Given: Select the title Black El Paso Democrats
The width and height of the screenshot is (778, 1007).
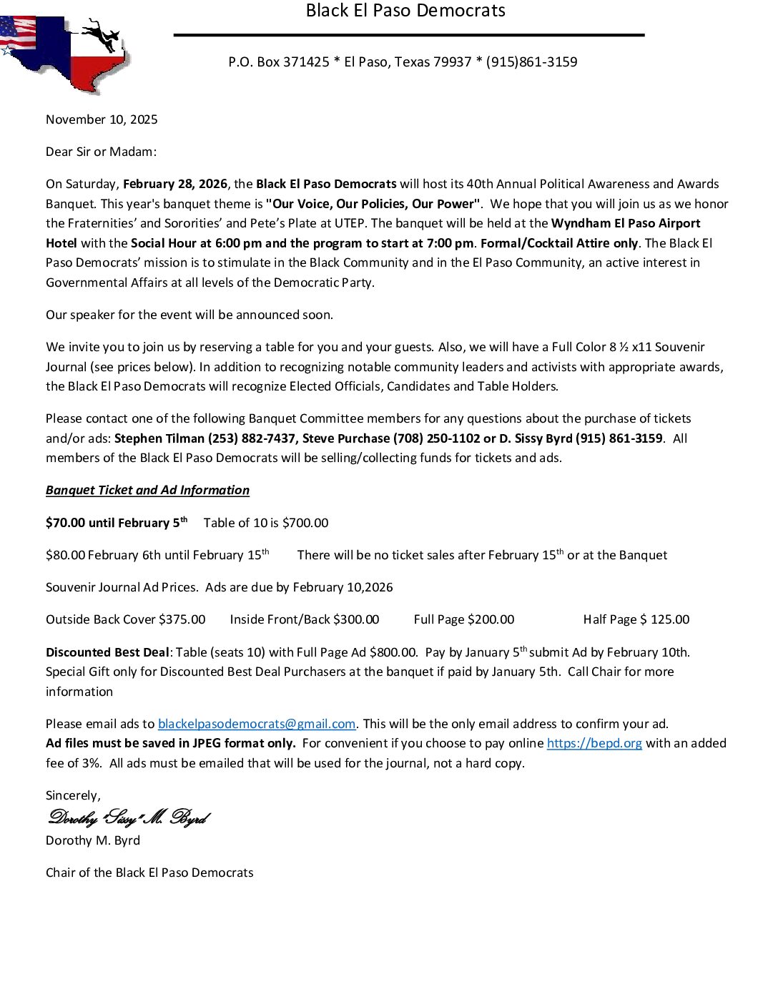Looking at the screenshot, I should (405, 11).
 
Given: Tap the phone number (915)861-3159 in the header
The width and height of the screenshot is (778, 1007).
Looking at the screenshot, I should (531, 62).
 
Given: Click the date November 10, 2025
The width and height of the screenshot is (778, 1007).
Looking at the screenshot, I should (102, 119).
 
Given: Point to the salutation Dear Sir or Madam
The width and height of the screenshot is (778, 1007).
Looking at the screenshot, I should (101, 152).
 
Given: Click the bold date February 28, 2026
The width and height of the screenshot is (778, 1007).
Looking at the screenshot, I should (175, 184).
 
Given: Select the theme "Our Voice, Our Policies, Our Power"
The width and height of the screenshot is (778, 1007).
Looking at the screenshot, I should (373, 204).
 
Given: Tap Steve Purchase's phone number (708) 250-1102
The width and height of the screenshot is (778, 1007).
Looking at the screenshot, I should (437, 438).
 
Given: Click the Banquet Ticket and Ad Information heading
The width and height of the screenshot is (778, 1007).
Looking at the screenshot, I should (147, 490).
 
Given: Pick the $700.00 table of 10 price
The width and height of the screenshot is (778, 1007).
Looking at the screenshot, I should (305, 523).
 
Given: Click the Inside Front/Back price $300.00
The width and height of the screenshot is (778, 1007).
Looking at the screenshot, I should (356, 619).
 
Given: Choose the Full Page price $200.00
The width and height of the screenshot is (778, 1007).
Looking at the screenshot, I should (491, 619).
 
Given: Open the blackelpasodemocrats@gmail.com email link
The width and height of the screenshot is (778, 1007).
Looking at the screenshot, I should (257, 724).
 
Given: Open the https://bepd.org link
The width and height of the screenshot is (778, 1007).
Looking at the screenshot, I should (594, 743).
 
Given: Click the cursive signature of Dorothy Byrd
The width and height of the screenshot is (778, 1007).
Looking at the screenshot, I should (129, 817).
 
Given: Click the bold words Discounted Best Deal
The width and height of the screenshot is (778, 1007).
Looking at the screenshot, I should (107, 652).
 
